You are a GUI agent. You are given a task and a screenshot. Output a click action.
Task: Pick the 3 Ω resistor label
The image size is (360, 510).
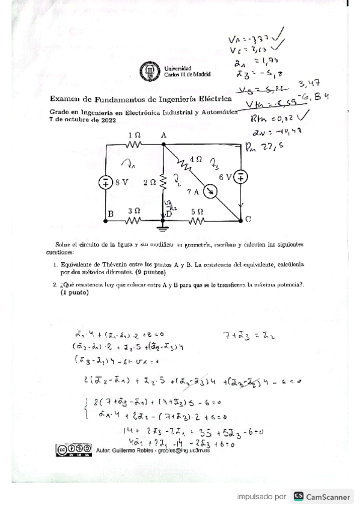coord(133,211)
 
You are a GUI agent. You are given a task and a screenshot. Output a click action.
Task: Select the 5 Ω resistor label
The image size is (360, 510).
coord(197,211)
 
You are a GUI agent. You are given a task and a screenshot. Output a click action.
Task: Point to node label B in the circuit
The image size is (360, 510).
coord(111,214)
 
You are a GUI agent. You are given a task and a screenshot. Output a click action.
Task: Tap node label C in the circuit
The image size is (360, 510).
coord(248,220)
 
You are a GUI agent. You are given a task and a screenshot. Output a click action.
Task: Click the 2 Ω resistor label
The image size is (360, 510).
coord(149,181)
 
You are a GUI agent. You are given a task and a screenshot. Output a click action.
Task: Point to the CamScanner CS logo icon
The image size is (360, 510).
coord(299,496)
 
